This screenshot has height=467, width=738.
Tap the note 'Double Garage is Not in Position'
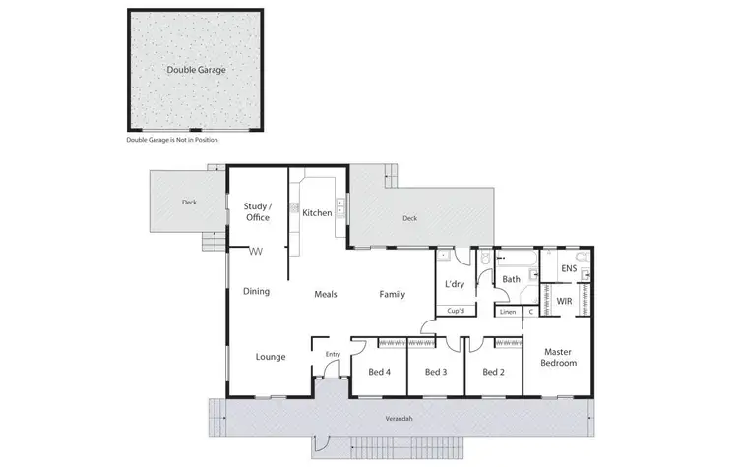172,141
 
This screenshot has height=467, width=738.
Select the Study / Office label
257,211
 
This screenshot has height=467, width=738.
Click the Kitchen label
317,213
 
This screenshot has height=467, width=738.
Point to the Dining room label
257,291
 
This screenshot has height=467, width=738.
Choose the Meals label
327,294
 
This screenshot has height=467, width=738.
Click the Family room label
393,294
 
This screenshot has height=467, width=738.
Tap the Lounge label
271,357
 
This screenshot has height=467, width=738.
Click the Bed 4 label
380,372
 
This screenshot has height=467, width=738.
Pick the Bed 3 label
436,372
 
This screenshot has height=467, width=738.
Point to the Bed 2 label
493,372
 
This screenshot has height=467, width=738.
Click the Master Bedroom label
558,357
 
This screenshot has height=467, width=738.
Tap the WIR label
565,301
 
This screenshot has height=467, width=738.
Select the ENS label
569,268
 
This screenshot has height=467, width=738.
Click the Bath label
512,279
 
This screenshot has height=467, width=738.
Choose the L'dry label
454,284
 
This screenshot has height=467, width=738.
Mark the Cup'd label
455,311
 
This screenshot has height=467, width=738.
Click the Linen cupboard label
508,312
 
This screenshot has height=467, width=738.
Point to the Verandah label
399,420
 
